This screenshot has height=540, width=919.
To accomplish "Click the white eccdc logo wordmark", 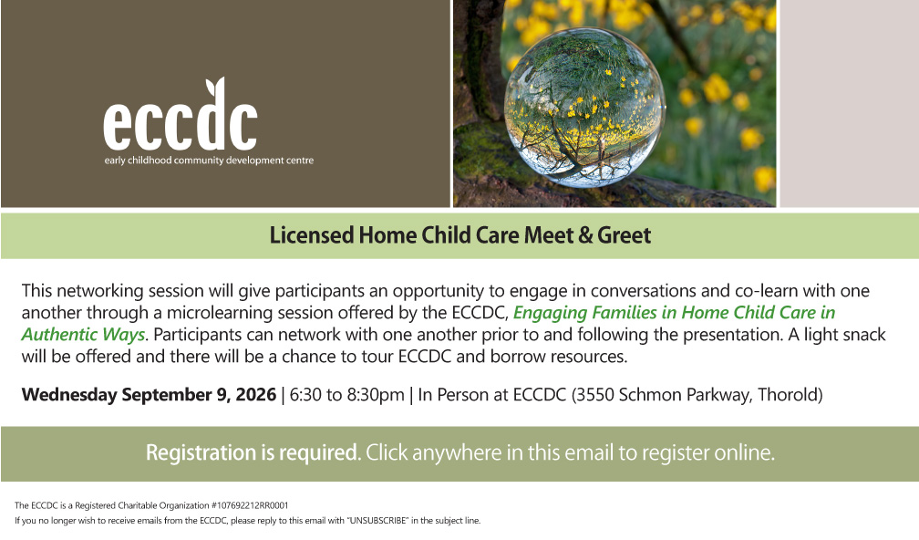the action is (x=181, y=115).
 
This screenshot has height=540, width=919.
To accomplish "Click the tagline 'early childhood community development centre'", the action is (x=209, y=161).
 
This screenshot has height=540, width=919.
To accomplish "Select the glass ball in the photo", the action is (x=584, y=108).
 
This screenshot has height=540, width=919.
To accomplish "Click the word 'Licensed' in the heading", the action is (x=312, y=235).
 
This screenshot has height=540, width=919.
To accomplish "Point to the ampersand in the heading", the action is (x=585, y=235).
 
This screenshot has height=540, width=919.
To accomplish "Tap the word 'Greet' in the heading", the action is (x=625, y=235).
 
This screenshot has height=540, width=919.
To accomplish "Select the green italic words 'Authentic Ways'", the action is (x=83, y=335).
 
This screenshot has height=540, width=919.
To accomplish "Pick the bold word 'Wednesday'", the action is (x=69, y=395).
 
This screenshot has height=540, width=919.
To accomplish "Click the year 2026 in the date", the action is (x=255, y=395).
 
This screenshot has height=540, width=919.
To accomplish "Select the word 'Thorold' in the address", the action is (x=788, y=395).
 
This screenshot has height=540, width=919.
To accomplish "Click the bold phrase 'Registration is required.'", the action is (x=253, y=453).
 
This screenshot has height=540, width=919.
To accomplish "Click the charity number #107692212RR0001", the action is (x=250, y=505).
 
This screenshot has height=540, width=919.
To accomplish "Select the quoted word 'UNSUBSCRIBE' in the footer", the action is (x=377, y=521).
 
